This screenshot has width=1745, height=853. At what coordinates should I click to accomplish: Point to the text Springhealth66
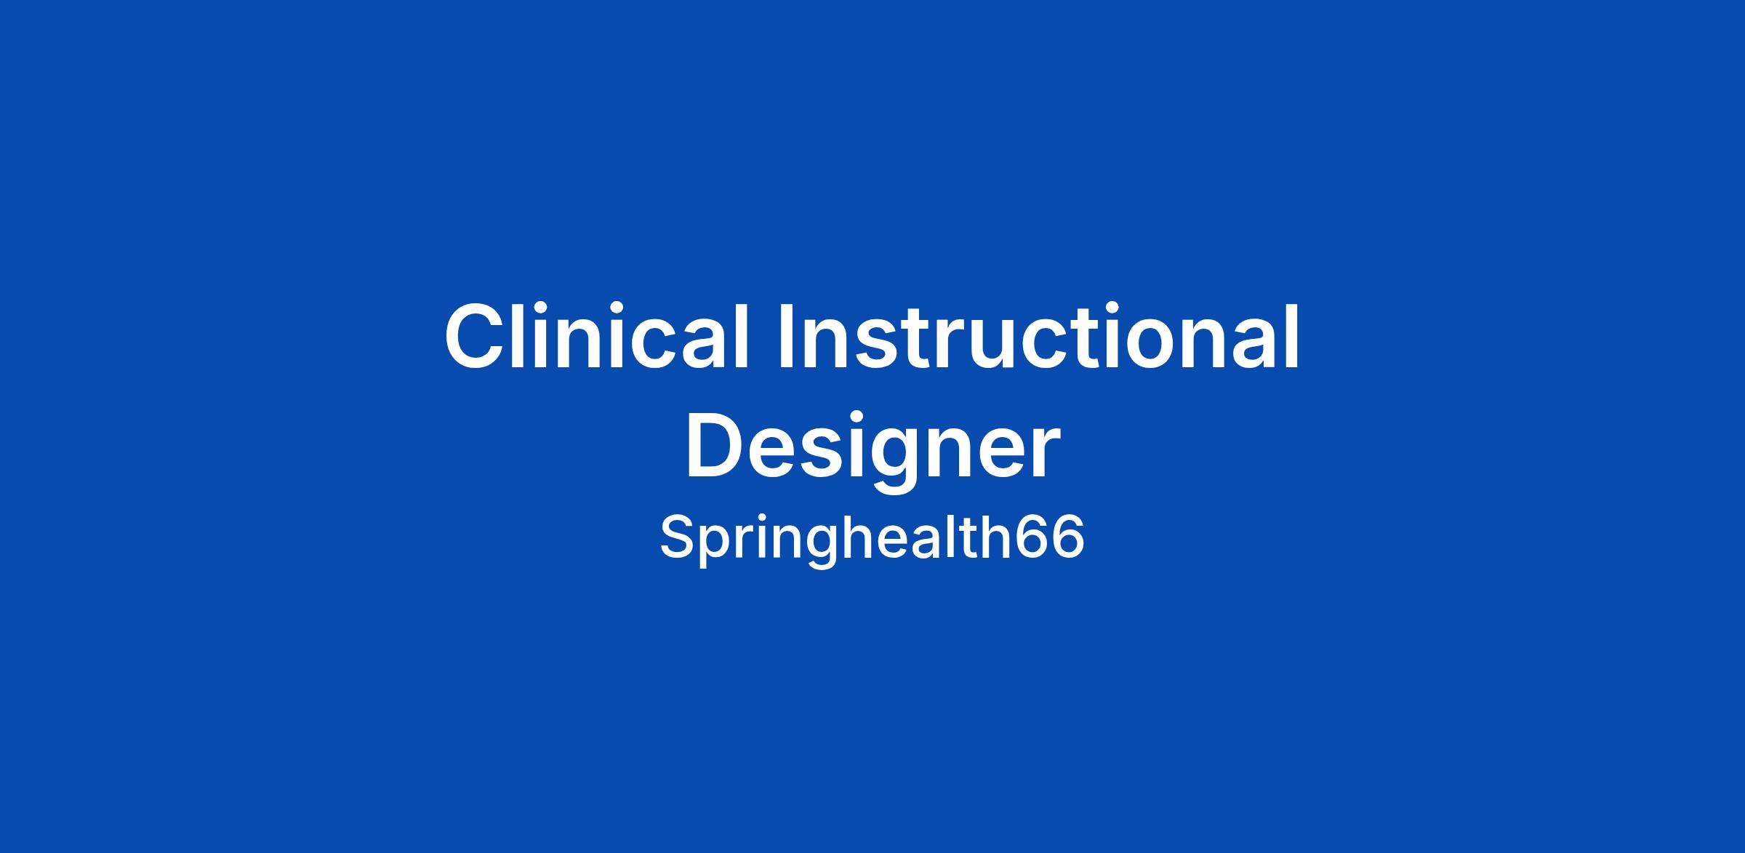[872, 539]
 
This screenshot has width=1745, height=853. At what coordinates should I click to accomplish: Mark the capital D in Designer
[718, 446]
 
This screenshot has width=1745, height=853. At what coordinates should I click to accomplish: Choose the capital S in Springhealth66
[678, 537]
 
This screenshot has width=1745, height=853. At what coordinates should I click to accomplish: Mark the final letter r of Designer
[1044, 454]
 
